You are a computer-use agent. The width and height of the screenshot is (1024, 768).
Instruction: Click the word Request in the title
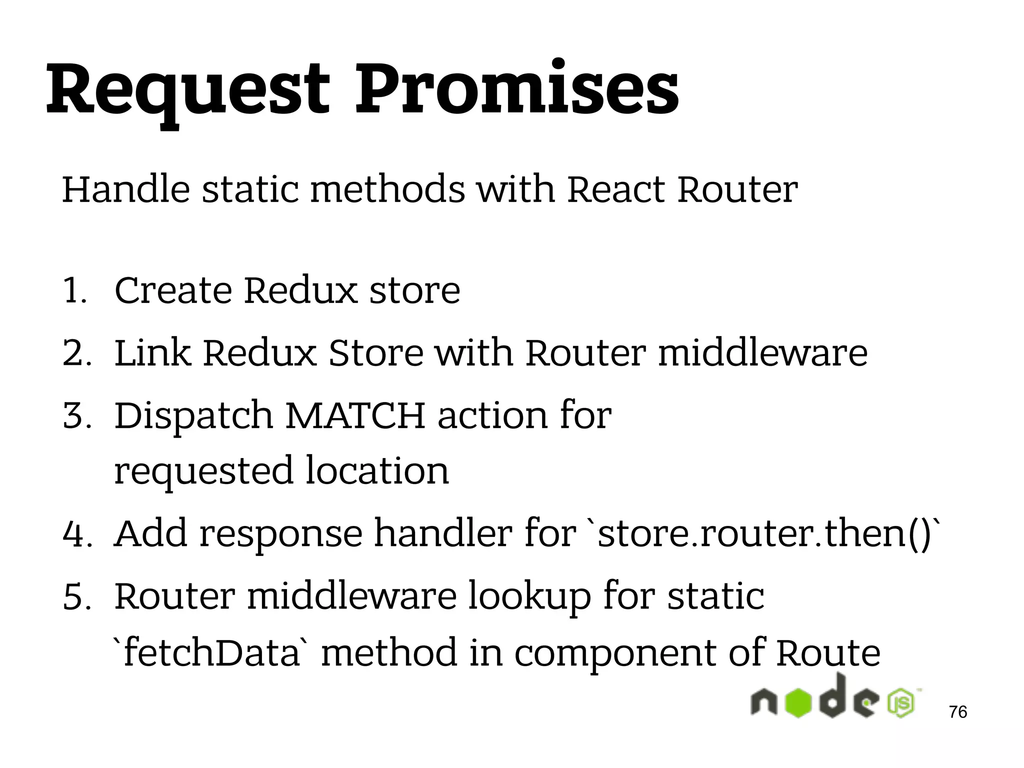[x=187, y=90]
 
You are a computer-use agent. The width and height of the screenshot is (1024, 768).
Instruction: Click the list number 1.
[x=74, y=291]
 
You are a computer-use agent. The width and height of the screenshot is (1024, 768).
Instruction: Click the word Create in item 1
[x=173, y=290]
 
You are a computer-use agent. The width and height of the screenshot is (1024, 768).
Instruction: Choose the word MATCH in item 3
[x=355, y=415]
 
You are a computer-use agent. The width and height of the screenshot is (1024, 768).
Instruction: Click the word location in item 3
[x=377, y=471]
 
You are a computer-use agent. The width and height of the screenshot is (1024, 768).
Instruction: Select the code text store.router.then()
[x=765, y=534]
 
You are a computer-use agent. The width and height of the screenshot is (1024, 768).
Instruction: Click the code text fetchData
[x=210, y=653]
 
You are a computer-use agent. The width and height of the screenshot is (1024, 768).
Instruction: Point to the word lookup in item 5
[x=529, y=597]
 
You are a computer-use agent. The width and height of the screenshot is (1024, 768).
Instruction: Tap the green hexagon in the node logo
[x=798, y=702]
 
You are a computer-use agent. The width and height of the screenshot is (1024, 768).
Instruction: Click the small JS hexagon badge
[x=900, y=703]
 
